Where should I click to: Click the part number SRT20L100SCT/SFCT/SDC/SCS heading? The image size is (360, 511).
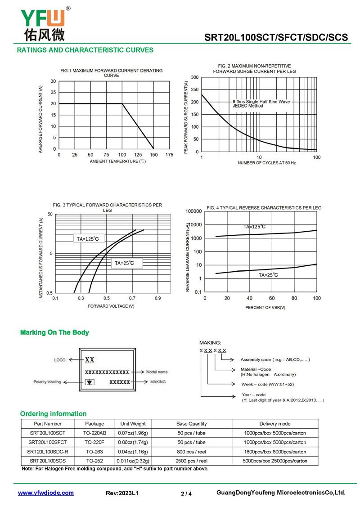pyautogui.click(x=276, y=37)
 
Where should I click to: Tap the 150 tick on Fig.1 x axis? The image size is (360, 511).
pyautogui.click(x=153, y=155)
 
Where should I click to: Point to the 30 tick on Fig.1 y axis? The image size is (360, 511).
pyautogui.click(x=53, y=81)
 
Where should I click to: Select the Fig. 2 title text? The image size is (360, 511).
pyautogui.click(x=254, y=69)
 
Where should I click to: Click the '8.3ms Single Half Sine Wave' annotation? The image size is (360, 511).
pyautogui.click(x=261, y=102)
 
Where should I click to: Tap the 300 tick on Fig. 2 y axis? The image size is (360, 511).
pyautogui.click(x=195, y=77)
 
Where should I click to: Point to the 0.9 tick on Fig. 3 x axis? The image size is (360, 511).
pyautogui.click(x=158, y=298)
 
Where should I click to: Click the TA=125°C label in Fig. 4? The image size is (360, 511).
pyautogui.click(x=255, y=227)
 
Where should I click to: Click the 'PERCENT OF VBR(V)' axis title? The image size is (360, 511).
pyautogui.click(x=265, y=307)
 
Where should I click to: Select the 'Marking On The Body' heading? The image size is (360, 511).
pyautogui.click(x=54, y=332)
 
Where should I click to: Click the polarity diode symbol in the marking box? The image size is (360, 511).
pyautogui.click(x=90, y=382)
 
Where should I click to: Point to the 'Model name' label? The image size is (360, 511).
pyautogui.click(x=157, y=372)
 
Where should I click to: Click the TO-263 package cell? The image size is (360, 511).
pyautogui.click(x=94, y=452)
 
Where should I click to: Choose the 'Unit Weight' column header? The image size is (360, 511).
pyautogui.click(x=133, y=424)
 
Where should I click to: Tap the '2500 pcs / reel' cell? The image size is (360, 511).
pyautogui.click(x=191, y=461)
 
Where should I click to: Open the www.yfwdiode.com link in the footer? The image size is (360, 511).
pyautogui.click(x=46, y=493)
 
